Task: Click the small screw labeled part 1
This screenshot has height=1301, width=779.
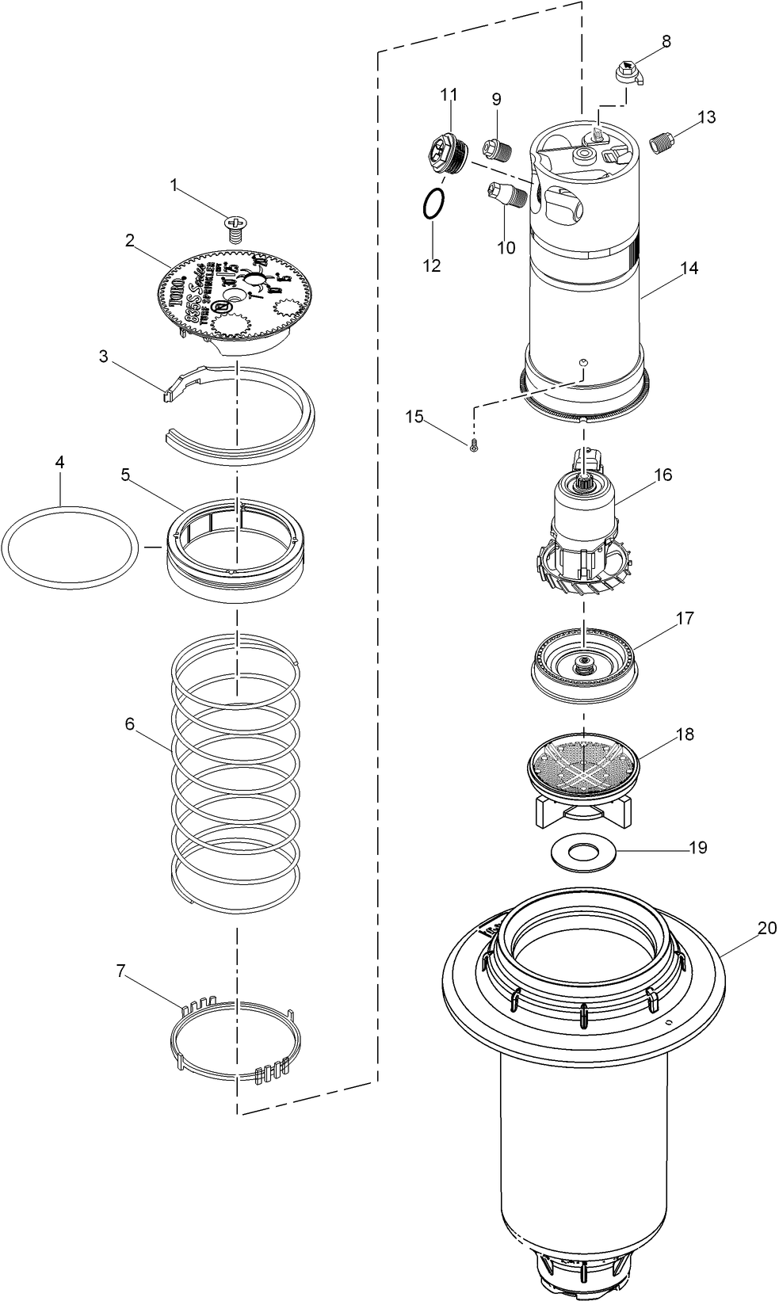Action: click(235, 228)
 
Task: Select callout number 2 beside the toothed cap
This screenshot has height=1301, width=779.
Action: click(128, 241)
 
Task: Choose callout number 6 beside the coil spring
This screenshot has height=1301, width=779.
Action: click(129, 724)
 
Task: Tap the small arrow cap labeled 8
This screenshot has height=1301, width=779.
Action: click(628, 73)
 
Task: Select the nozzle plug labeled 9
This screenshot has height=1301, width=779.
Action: click(494, 147)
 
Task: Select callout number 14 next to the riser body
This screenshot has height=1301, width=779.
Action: click(689, 269)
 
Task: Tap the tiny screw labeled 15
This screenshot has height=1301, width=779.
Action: click(474, 447)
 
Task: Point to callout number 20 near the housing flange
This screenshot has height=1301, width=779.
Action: click(766, 928)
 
